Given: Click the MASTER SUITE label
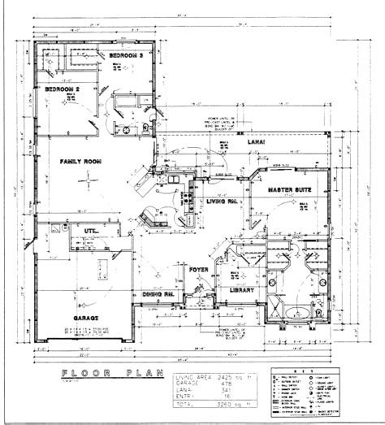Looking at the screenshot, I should tap(289, 189).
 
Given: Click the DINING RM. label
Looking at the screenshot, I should tap(159, 294).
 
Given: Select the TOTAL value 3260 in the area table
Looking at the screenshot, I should tap(236, 402).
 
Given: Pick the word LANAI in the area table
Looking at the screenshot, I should tap(186, 391).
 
